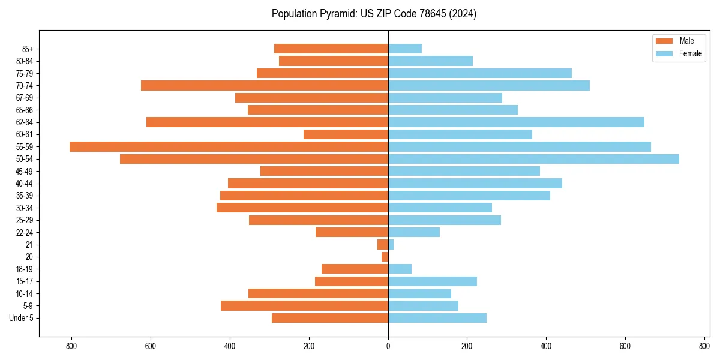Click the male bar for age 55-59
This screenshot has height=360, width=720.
pyautogui.click(x=229, y=146)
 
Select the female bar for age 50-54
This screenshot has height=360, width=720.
pyautogui.click(x=533, y=159)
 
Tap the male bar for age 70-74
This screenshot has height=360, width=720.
pyautogui.click(x=265, y=85)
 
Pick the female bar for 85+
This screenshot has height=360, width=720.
pyautogui.click(x=405, y=49)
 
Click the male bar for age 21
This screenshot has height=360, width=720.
pyautogui.click(x=383, y=244)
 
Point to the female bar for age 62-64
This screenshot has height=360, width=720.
pyautogui.click(x=516, y=122)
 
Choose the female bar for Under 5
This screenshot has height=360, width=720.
pyautogui.click(x=437, y=318)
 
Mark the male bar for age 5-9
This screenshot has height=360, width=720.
pyautogui.click(x=304, y=305)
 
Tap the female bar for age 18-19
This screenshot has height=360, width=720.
pyautogui.click(x=400, y=269)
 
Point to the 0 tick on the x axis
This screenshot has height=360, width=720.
pyautogui.click(x=388, y=346)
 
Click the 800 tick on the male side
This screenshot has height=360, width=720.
pyautogui.click(x=71, y=346)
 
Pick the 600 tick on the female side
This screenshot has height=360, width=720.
pyautogui.click(x=625, y=346)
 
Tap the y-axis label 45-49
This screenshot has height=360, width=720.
pyautogui.click(x=25, y=171)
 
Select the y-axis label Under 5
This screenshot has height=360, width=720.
pyautogui.click(x=21, y=318)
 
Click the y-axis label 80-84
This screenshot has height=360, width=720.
pyautogui.click(x=25, y=61)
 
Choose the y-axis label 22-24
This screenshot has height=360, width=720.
pyautogui.click(x=25, y=232)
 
